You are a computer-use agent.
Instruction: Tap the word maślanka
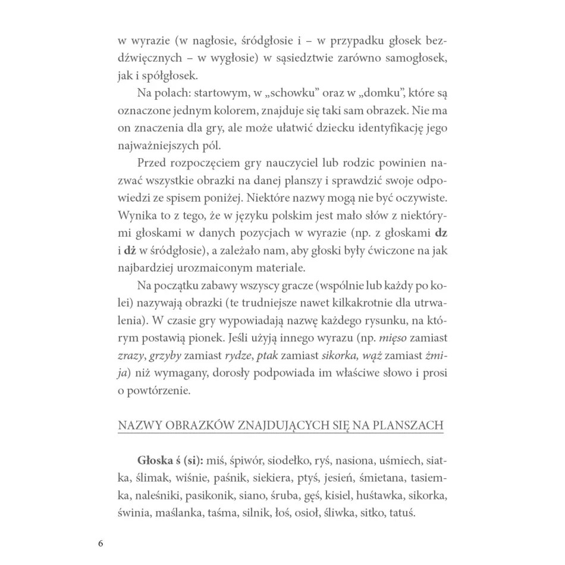pos(190,513)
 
